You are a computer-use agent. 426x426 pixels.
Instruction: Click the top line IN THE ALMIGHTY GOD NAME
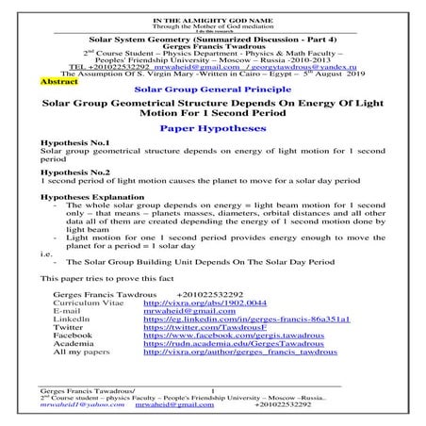point(212,7)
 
